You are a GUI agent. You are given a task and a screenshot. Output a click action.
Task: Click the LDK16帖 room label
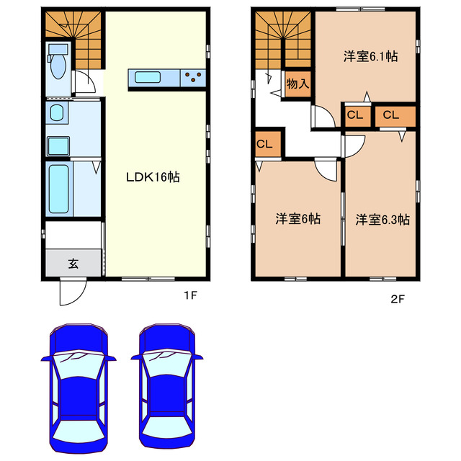click(x=153, y=177)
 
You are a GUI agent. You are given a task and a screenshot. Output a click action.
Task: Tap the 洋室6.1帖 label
click(x=370, y=56)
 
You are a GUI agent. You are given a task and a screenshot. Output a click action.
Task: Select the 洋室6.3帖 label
click(x=382, y=220)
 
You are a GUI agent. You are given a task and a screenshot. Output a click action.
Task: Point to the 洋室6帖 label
click(x=297, y=219)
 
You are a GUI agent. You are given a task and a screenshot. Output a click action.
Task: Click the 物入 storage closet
click(x=297, y=84)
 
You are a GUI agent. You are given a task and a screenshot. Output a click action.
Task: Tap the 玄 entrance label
click(x=73, y=264)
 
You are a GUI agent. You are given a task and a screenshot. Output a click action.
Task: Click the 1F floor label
click(x=190, y=295)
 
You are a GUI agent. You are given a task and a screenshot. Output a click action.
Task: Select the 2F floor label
click(x=398, y=300)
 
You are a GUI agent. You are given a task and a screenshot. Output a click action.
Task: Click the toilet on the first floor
click(x=58, y=62)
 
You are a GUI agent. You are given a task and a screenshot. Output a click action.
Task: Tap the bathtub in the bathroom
click(x=59, y=189)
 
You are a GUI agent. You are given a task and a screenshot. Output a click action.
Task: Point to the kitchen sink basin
click(x=148, y=78)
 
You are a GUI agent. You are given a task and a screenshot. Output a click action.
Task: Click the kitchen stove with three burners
click(x=193, y=78)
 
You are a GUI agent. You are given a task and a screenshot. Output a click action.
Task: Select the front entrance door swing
click(x=73, y=292)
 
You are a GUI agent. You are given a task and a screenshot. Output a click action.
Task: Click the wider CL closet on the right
click(x=395, y=116)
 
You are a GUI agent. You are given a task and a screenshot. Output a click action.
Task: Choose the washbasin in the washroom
click(x=57, y=113)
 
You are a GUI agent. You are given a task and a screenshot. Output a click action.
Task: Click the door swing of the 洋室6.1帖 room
click(x=323, y=117)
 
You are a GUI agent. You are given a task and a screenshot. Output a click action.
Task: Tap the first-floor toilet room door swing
click(x=85, y=81)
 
